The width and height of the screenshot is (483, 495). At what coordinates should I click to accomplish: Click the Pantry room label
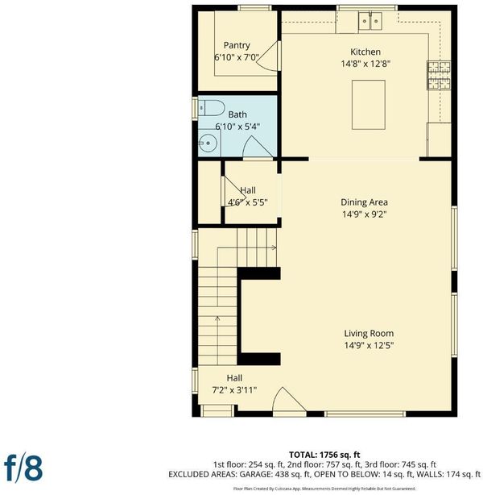coord(237,45)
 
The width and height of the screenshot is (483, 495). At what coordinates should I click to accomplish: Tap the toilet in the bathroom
coord(211,108)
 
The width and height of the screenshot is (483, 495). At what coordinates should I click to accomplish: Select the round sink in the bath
coord(208,144)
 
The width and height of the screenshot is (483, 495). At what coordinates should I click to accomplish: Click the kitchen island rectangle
coord(368,105)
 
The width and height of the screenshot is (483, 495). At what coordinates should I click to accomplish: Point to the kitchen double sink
coord(370,21)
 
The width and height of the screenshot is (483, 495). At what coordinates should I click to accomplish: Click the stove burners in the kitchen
coord(439,75)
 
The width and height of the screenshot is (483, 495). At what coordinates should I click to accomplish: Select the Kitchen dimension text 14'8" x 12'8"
coord(365,64)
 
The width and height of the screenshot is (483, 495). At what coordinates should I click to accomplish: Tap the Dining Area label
coord(364,202)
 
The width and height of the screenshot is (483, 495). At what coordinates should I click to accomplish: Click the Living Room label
coord(369,334)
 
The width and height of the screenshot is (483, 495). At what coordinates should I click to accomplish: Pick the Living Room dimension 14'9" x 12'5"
coord(369,345)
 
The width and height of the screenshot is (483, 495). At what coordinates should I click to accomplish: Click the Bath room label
coord(237,114)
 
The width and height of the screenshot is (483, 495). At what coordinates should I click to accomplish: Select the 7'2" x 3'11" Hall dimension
coord(234,390)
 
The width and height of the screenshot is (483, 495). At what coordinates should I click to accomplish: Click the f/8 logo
coord(23,468)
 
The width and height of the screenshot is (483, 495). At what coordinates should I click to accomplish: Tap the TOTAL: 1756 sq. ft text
coord(324,455)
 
